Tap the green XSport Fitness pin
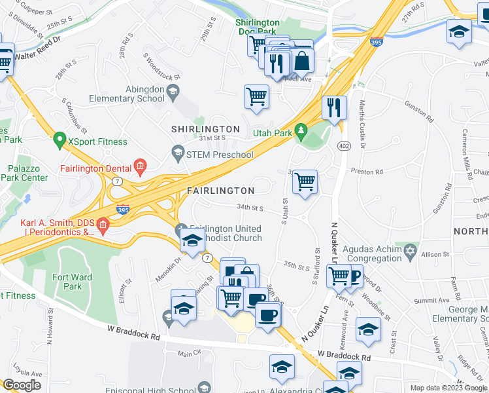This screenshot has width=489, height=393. [59, 140]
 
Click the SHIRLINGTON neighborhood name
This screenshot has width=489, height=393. [205, 129]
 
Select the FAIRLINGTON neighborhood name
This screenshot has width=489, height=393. [220, 191]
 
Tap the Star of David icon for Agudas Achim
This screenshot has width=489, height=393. [411, 253]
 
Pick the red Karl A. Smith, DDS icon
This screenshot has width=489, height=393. [103, 227]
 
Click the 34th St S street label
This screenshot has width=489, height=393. [249, 209]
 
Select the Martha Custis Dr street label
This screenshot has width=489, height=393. [363, 125]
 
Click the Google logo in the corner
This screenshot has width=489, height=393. [22, 385]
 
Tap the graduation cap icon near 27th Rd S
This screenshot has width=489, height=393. [459, 31]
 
